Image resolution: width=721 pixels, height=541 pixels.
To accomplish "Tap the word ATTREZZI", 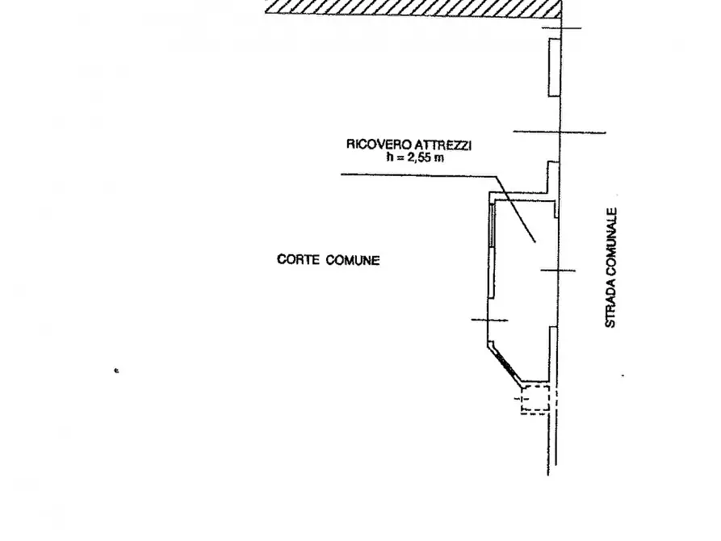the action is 443,145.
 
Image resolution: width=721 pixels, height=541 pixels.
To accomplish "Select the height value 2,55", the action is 419,157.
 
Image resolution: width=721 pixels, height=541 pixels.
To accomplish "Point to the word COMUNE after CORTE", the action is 353,260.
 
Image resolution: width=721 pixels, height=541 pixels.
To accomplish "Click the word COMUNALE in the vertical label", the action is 611,241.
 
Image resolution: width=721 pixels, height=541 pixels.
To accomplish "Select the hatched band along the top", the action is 413,9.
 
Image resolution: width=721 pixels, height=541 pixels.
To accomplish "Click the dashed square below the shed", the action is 535,400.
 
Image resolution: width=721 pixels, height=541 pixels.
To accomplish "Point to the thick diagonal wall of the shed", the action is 505,363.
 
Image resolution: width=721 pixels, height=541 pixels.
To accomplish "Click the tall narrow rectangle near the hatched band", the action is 554,68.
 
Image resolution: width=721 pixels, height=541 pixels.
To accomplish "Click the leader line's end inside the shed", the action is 534,241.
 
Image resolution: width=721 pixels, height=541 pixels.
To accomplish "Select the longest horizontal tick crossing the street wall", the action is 560,132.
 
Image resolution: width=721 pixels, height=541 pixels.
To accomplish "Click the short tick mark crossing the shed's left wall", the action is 490,321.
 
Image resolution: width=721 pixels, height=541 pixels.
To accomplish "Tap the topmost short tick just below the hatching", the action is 561,28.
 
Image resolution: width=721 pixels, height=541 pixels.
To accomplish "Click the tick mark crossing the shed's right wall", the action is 558,270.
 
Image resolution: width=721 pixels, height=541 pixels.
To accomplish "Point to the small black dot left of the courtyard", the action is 116,371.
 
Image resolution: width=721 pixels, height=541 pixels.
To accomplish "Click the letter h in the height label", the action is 391,157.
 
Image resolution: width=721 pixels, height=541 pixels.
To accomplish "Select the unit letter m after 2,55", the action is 439,159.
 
